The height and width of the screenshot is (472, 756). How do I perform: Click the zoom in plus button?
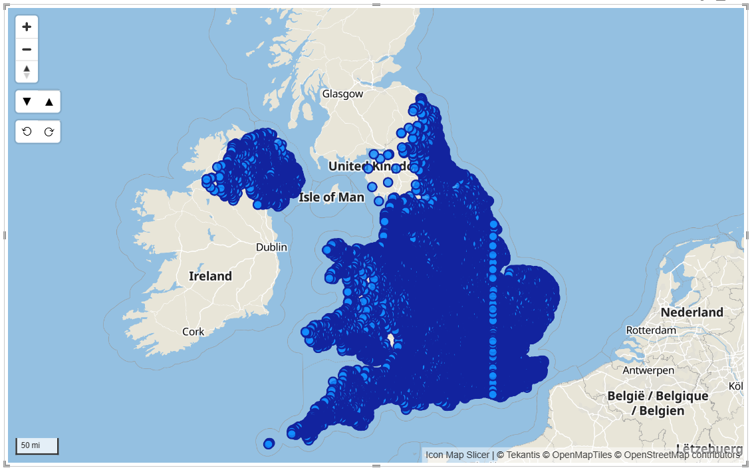click(x=27, y=27)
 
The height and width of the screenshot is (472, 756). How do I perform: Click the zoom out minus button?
click(x=27, y=50)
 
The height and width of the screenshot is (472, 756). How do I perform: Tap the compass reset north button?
click(x=27, y=72)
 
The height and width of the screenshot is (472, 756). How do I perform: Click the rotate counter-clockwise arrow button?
click(x=27, y=132)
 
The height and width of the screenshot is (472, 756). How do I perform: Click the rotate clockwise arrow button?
click(x=49, y=132)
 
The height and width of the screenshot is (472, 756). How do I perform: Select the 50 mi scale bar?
click(x=37, y=445)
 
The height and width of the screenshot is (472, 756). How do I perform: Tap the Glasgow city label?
click(x=342, y=94)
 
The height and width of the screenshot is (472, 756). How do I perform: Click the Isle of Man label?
click(x=331, y=197)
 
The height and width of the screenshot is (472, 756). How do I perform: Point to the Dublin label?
click(x=271, y=247)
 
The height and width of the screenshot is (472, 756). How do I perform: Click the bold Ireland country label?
click(x=210, y=276)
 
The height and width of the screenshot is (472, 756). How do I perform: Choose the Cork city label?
click(x=193, y=331)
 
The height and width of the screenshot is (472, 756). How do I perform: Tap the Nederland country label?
click(x=692, y=312)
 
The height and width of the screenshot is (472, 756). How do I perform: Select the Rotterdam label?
click(x=651, y=330)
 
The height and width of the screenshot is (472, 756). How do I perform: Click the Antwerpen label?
click(x=648, y=370)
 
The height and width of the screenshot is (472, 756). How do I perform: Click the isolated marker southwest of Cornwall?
click(x=269, y=443)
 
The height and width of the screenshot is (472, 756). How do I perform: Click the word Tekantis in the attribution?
click(x=522, y=455)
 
